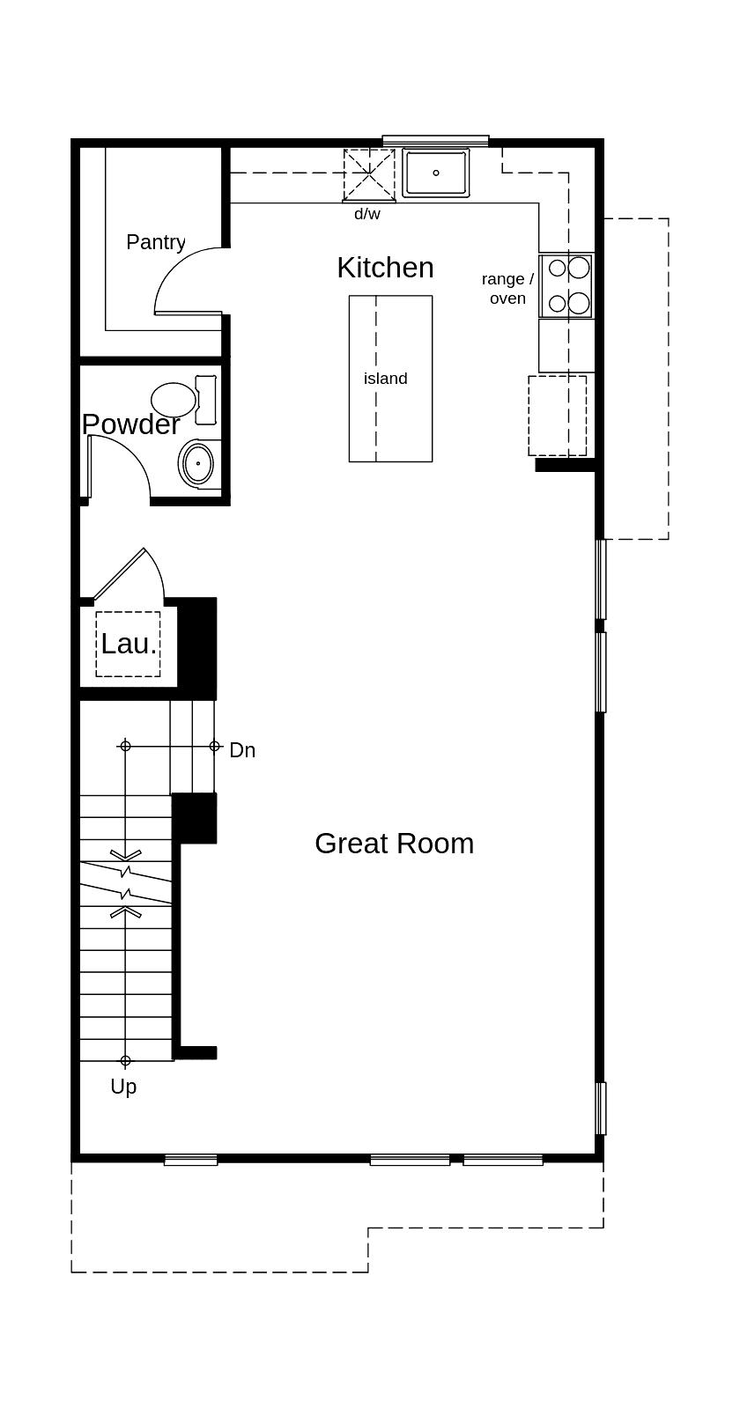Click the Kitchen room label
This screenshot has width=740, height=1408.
coord(385,268)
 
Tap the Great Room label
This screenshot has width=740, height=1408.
coord(394,844)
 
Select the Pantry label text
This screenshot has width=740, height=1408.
coord(156,242)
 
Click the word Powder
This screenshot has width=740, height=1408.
coord(130,424)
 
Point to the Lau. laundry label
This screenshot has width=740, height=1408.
coord(129,644)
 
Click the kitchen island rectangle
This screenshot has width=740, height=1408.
coord(390,414)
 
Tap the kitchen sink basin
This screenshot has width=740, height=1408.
coord(436,173)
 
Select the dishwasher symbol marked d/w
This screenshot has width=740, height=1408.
coord(368,175)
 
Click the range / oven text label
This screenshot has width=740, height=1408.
coord(507,289)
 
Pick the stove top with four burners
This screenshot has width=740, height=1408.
coord(567,285)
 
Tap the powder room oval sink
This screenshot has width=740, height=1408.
coord(199,463)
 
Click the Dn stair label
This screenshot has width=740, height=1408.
coord(242,750)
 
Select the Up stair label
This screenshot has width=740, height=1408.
coord(123,1087)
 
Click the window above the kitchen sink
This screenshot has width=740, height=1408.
coord(435,141)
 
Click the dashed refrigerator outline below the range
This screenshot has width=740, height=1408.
coord(557,416)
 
